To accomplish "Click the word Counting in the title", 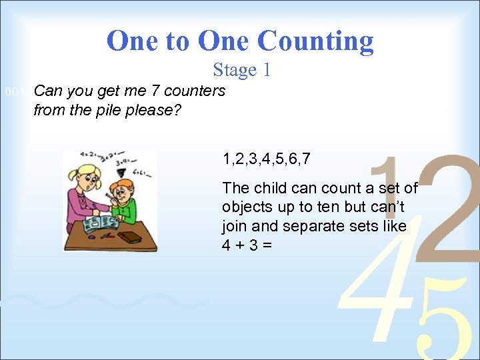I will (316, 41).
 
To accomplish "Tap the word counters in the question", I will (195, 91).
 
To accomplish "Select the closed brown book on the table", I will (131, 236).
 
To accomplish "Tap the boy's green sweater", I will (126, 211).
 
